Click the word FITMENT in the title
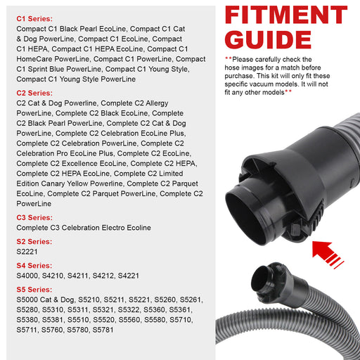click(x=286, y=15)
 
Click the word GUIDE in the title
click(x=268, y=39)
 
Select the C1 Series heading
click(x=34, y=19)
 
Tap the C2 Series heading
click(x=34, y=93)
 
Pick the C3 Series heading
click(x=34, y=217)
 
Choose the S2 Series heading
click(x=34, y=242)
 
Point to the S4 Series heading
click(x=34, y=266)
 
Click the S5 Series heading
click(x=34, y=290)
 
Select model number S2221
click(x=27, y=252)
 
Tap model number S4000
click(x=27, y=276)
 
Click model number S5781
click(x=103, y=330)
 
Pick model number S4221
click(x=129, y=276)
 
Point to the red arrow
click(x=327, y=255)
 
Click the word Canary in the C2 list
click(x=53, y=184)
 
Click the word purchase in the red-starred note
click(x=239, y=76)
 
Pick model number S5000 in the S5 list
click(x=27, y=300)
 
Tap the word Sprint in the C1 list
click(x=37, y=69)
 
